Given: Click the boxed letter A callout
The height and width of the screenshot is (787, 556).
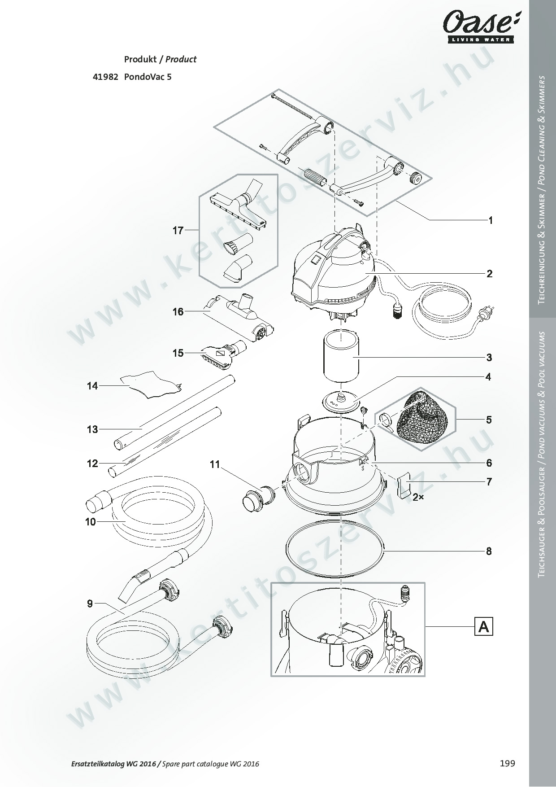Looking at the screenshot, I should click(483, 626).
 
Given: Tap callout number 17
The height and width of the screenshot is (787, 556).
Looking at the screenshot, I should click(178, 230).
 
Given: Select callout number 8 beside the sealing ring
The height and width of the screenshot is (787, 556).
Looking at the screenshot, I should click(489, 551).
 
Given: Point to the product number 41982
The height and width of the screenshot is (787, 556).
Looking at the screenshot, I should click(105, 77).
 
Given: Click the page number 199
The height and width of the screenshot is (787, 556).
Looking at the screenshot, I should click(508, 763).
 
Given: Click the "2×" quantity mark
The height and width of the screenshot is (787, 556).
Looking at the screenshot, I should click(419, 497).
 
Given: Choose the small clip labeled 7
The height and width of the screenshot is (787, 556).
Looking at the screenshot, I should click(404, 485).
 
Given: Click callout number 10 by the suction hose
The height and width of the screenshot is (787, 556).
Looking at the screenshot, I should click(91, 521).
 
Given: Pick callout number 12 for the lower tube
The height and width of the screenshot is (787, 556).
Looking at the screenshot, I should click(92, 463).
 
